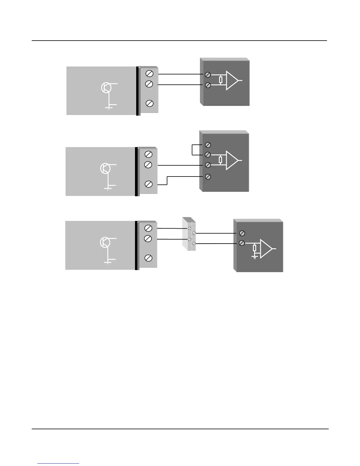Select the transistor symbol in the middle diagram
(105, 168)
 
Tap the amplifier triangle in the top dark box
(232, 80)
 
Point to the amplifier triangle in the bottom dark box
(266, 249)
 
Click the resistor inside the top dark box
(221, 80)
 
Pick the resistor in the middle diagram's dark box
(221, 160)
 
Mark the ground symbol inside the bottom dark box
(255, 257)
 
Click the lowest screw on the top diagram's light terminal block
(149, 104)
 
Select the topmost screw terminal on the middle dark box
(208, 145)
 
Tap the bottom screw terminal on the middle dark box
(208, 177)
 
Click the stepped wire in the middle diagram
(167, 180)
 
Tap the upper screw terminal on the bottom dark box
(242, 233)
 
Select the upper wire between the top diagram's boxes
(181, 74)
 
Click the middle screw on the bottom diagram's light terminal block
(148, 239)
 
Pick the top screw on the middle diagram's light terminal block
(149, 154)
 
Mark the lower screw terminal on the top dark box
(208, 85)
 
